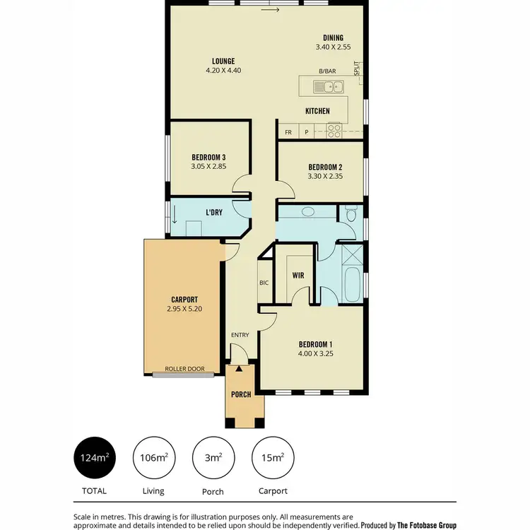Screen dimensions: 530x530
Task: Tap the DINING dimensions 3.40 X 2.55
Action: (333, 47)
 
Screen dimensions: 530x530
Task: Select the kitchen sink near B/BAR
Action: (329, 88)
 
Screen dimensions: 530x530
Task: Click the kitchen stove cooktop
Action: (334, 130)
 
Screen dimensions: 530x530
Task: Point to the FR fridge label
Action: (288, 132)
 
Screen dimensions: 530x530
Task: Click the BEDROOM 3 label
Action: (208, 157)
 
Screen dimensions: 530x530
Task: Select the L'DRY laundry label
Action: (214, 212)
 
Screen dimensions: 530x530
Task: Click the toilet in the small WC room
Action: (351, 213)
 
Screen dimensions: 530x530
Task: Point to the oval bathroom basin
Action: (308, 213)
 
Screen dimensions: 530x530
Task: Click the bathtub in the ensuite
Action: (351, 285)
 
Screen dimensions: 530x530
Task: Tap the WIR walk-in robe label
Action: (298, 276)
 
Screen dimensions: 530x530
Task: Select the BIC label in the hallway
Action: (264, 283)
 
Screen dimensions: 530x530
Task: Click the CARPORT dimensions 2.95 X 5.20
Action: (184, 309)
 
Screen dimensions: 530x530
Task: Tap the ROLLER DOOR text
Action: (184, 369)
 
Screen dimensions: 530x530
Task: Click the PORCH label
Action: (241, 394)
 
